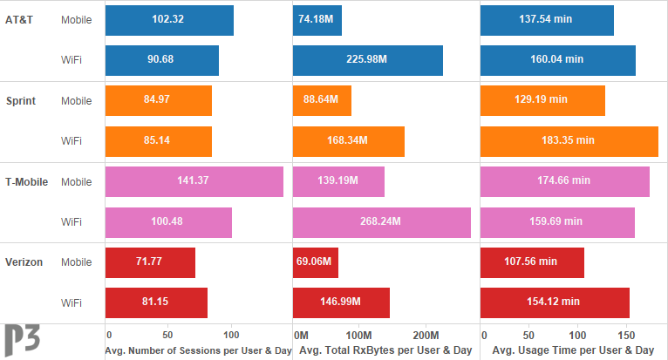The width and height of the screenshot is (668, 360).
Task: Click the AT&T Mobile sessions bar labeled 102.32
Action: click(169, 21)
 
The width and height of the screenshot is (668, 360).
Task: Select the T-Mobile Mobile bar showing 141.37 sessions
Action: click(194, 181)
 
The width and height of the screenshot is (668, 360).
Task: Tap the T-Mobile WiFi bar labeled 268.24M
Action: click(381, 221)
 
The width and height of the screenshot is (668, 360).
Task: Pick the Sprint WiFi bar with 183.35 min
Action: click(569, 140)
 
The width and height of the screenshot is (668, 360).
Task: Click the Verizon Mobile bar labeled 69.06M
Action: click(316, 262)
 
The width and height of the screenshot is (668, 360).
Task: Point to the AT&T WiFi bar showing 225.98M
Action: click(367, 60)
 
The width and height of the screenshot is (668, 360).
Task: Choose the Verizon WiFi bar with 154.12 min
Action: click(555, 302)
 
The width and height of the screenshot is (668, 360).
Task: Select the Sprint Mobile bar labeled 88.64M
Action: click(322, 100)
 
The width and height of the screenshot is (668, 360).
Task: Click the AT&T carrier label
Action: click(21, 20)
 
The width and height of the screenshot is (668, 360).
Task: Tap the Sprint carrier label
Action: click(21, 100)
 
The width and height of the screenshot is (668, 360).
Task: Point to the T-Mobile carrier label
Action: click(26, 181)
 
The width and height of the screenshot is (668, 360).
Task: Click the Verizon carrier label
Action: click(24, 262)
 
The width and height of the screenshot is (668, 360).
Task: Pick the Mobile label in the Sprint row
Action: click(76, 100)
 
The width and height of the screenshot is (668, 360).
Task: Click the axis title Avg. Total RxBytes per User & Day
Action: click(385, 350)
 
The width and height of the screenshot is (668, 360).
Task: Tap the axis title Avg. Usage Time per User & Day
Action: click(572, 350)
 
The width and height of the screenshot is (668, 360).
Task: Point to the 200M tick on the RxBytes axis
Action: click(426, 335)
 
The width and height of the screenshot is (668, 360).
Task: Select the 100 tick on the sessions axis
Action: click(231, 335)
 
